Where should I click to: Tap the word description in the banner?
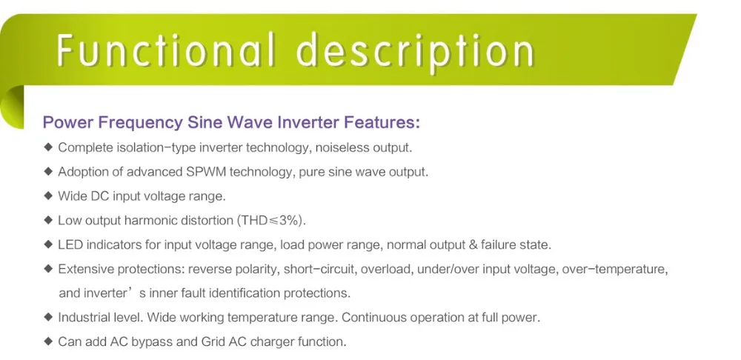416,52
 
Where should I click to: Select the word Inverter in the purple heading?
308,122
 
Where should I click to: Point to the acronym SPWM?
200,172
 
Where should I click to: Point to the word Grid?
212,341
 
